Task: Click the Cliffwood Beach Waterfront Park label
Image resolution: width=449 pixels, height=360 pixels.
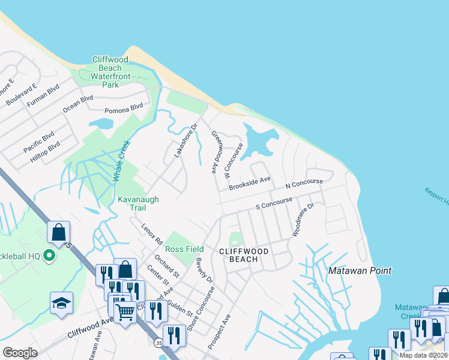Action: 107,72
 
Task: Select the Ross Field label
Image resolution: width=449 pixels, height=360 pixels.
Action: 184,249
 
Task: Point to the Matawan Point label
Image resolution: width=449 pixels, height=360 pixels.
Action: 360,271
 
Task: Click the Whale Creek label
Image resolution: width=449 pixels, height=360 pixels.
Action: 124,161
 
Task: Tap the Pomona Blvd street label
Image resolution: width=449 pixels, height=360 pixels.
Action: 124,108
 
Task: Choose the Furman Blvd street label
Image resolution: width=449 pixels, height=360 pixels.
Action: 44,95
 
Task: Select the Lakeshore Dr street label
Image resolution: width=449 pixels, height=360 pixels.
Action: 185,141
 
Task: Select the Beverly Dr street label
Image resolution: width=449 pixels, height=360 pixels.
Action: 205,270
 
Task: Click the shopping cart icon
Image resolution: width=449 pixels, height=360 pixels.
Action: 124,311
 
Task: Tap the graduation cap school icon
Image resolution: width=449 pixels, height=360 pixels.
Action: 61,302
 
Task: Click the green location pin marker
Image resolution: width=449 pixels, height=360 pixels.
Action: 50,256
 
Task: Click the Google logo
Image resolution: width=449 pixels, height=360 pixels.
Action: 20,353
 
